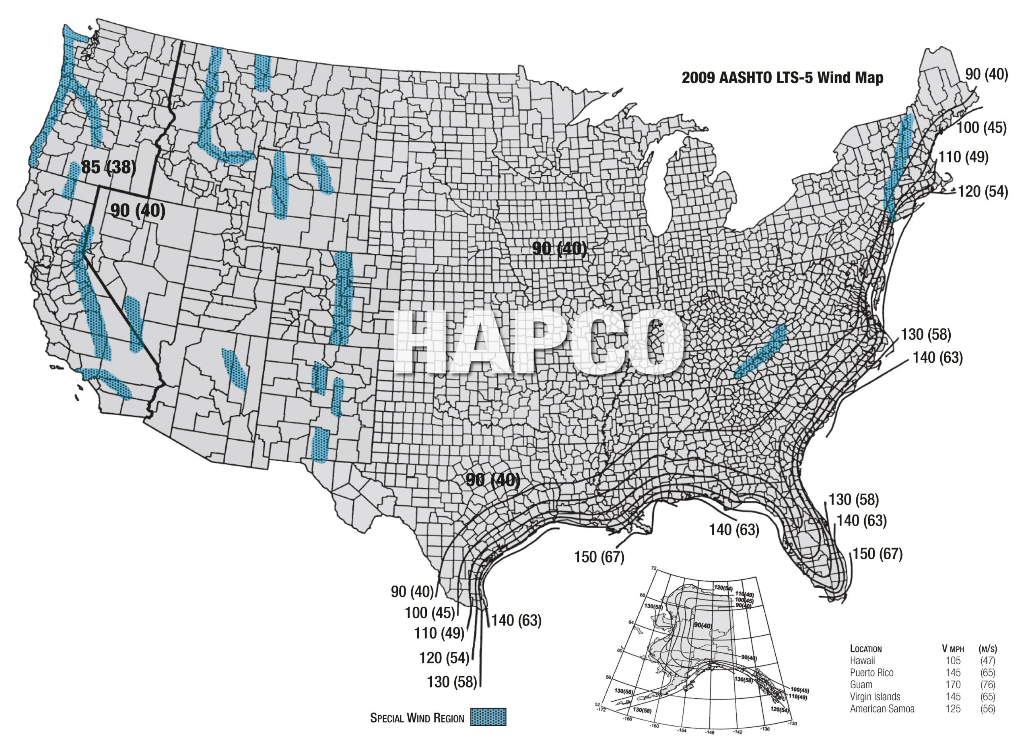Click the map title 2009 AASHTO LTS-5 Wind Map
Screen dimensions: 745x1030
[x=782, y=78]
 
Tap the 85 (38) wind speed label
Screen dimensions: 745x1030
[x=109, y=167]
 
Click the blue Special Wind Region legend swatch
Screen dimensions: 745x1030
[x=488, y=717]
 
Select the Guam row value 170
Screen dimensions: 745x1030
[x=953, y=684]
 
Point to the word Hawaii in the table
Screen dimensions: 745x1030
[x=862, y=661]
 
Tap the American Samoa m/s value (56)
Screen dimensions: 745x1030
[x=987, y=708]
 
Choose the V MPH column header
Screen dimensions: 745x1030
[x=952, y=649]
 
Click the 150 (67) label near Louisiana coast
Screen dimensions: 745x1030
[x=599, y=557]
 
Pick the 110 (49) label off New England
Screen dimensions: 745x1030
[x=963, y=157]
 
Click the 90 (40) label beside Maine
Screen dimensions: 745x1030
[x=987, y=74]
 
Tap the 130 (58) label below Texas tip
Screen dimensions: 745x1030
[x=452, y=681]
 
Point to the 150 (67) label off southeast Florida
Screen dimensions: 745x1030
[x=878, y=554]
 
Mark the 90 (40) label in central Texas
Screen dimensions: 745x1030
[x=493, y=480]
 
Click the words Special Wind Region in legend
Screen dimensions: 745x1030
[x=417, y=718]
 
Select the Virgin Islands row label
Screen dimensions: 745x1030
[x=875, y=696]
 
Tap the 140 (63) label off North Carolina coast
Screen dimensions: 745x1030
[x=938, y=357]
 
